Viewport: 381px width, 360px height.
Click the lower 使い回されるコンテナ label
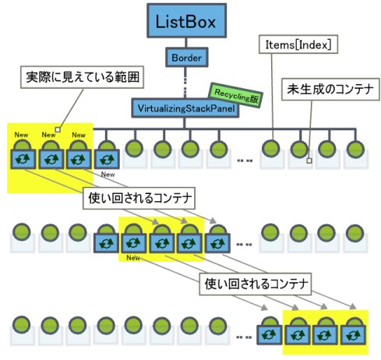tap(256, 282)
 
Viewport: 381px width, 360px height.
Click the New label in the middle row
tap(132, 258)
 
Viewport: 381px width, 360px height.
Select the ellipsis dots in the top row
tap(245, 161)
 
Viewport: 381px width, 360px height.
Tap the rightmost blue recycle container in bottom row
tap(355, 336)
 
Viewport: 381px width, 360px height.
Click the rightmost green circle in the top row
tap(355, 148)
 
